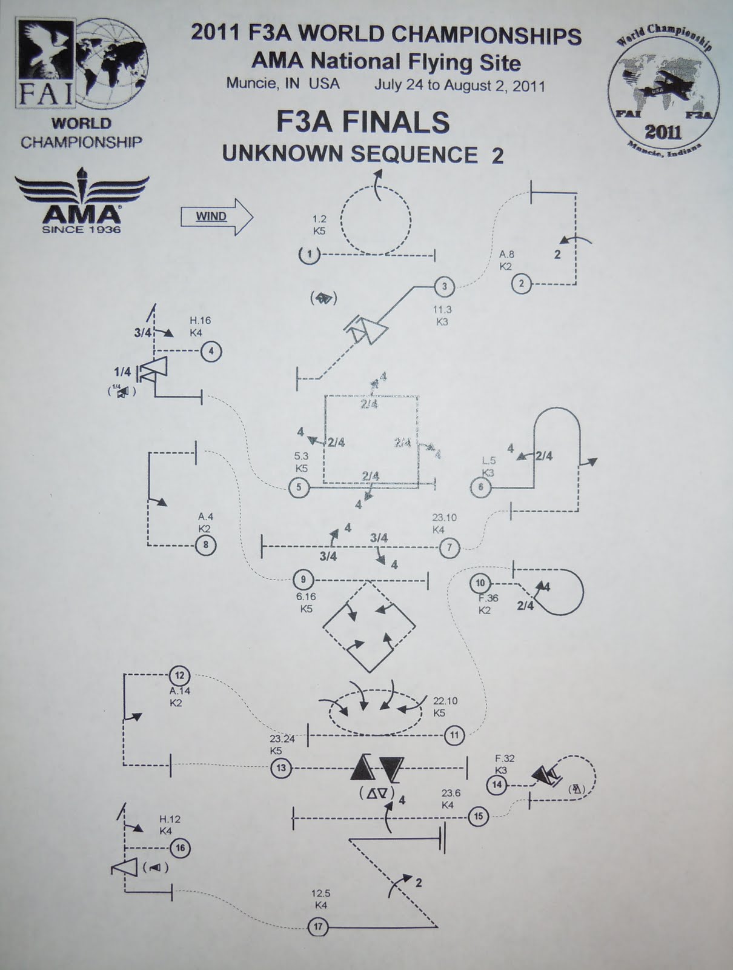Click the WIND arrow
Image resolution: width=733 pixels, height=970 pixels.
coord(216,216)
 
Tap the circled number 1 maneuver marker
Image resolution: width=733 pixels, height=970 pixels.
coord(309,255)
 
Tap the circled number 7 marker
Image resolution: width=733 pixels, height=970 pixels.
coord(449,548)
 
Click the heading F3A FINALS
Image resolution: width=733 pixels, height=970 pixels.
coord(363,122)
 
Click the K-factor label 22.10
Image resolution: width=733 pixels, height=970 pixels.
coord(445,701)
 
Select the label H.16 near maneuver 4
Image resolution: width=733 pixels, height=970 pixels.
coord(200,321)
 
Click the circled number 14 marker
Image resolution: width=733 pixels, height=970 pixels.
coord(497,785)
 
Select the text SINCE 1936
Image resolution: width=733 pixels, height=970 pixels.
coord(81,229)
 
